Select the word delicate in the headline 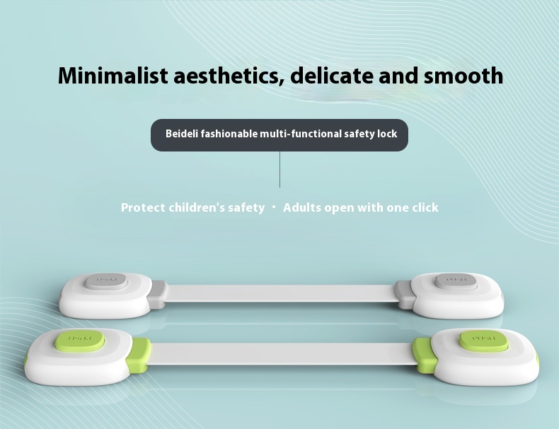pos(332,75)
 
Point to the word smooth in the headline pos(464,75)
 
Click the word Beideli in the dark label pos(182,134)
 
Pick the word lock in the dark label pos(387,134)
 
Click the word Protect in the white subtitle pos(143,207)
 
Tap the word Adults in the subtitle pos(302,207)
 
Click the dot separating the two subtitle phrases pos(274,207)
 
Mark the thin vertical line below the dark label pos(279,169)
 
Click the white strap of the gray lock pos(279,293)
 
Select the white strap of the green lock pos(281,353)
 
